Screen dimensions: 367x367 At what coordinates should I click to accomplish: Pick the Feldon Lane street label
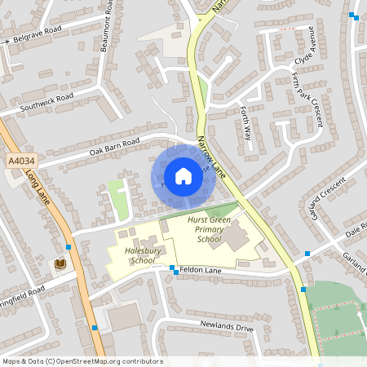coord(202,268)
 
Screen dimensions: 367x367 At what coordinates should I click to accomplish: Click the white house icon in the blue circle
coord(183,176)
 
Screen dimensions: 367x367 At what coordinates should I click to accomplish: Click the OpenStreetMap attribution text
coord(82,360)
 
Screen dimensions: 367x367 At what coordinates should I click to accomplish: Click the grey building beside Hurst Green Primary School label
coord(236,238)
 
